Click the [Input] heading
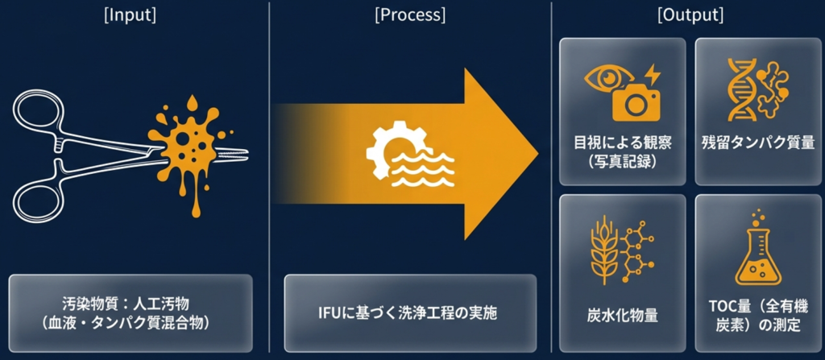click(x=131, y=15)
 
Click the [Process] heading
click(x=408, y=15)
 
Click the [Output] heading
click(x=690, y=15)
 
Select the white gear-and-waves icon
click(x=408, y=153)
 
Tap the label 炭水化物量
click(x=622, y=315)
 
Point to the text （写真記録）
click(x=622, y=161)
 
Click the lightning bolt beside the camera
click(x=653, y=75)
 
